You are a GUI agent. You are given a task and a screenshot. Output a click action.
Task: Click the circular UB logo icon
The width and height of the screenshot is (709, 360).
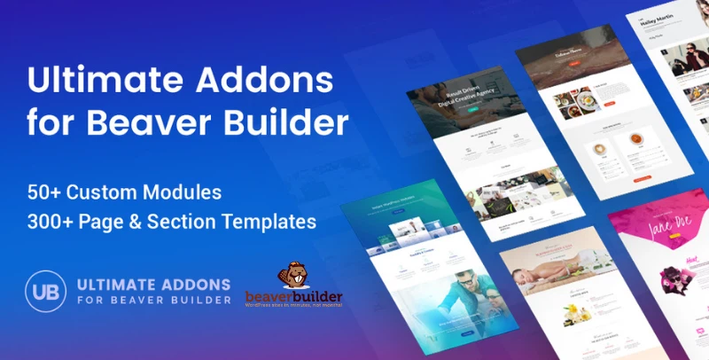(x=46, y=293)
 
